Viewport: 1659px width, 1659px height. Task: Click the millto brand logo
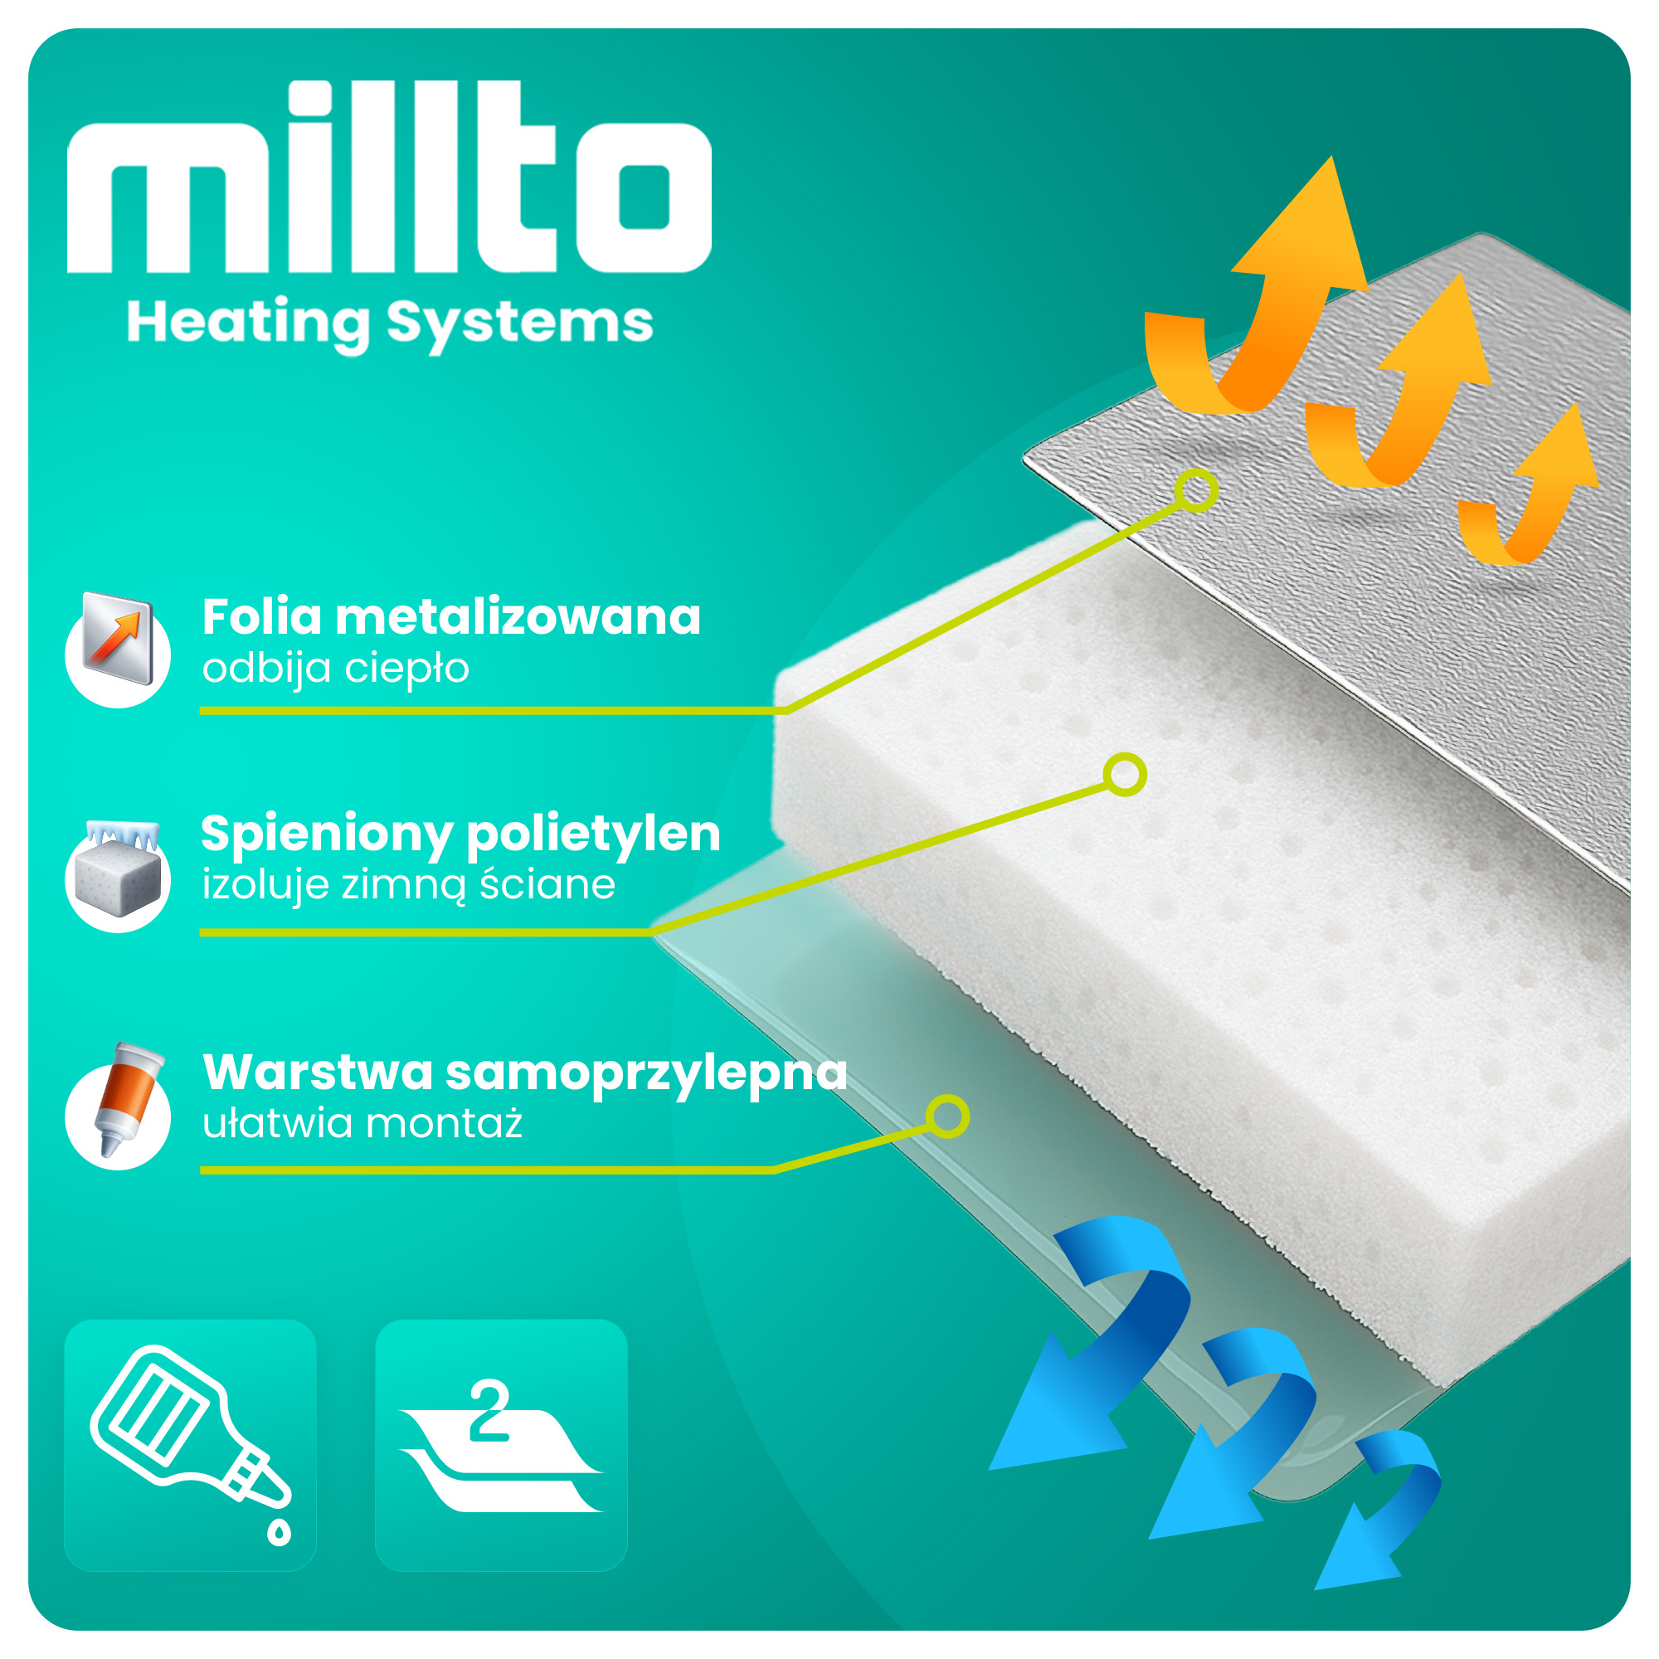point(389,178)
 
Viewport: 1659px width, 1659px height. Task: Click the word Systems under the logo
point(519,324)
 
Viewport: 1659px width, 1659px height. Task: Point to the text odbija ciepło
point(336,669)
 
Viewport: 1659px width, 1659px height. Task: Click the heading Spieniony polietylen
point(460,834)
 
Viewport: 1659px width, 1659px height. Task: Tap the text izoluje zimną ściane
point(409,885)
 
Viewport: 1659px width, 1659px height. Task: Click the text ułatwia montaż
point(362,1124)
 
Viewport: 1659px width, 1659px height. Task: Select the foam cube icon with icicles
point(119,877)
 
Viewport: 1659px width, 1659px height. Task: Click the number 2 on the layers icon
point(489,1409)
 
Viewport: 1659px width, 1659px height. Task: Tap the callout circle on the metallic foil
point(1196,490)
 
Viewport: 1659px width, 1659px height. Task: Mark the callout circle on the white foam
point(1125,775)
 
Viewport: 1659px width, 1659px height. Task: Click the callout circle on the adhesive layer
point(947,1117)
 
